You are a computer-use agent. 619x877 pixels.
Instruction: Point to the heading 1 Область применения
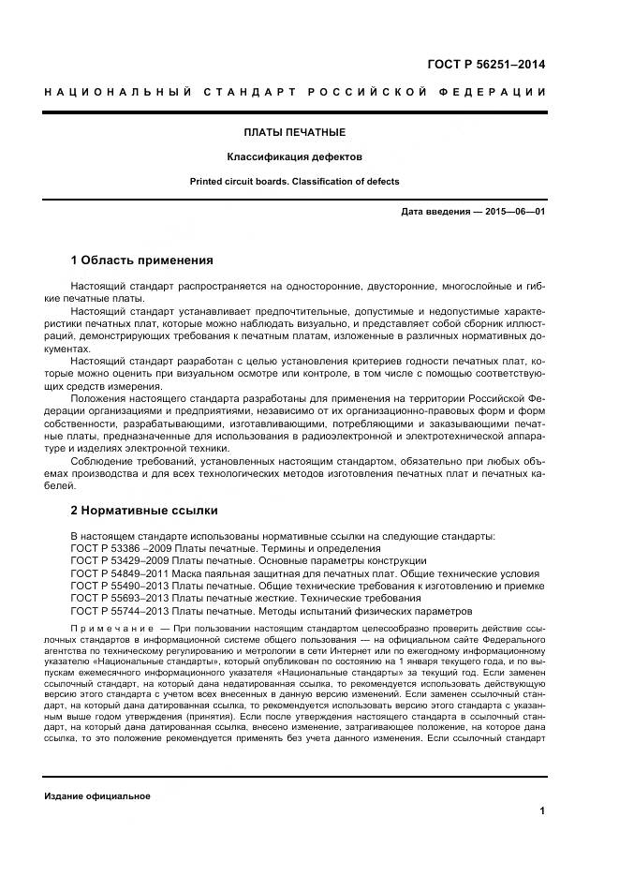[x=142, y=260]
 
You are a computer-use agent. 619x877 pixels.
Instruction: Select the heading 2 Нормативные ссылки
[x=144, y=511]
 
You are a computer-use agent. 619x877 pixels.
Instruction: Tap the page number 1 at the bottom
[x=542, y=810]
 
